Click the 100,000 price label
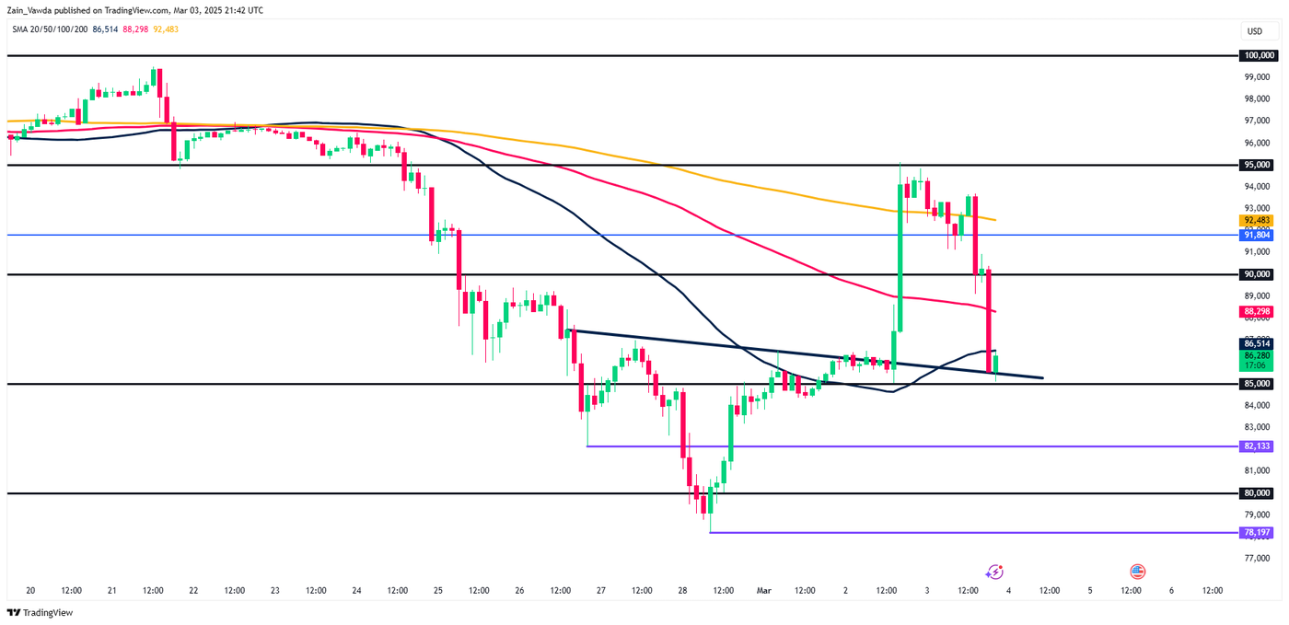[x=1257, y=55]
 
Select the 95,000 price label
[x=1257, y=165]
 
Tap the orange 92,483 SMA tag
[x=1257, y=220]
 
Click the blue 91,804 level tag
[x=1257, y=235]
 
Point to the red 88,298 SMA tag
[x=1257, y=312]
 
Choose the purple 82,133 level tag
[x=1257, y=446]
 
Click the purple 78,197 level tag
[x=1257, y=532]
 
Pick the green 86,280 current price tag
[x=1257, y=355]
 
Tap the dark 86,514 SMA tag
[x=1257, y=343]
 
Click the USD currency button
[x=1255, y=31]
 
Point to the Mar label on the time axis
[x=764, y=591]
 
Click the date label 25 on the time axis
[x=437, y=591]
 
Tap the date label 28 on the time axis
[x=682, y=591]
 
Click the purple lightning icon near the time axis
[x=994, y=573]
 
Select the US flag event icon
[x=1137, y=573]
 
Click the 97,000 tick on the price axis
[x=1257, y=121]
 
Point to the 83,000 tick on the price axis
[x=1257, y=427]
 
